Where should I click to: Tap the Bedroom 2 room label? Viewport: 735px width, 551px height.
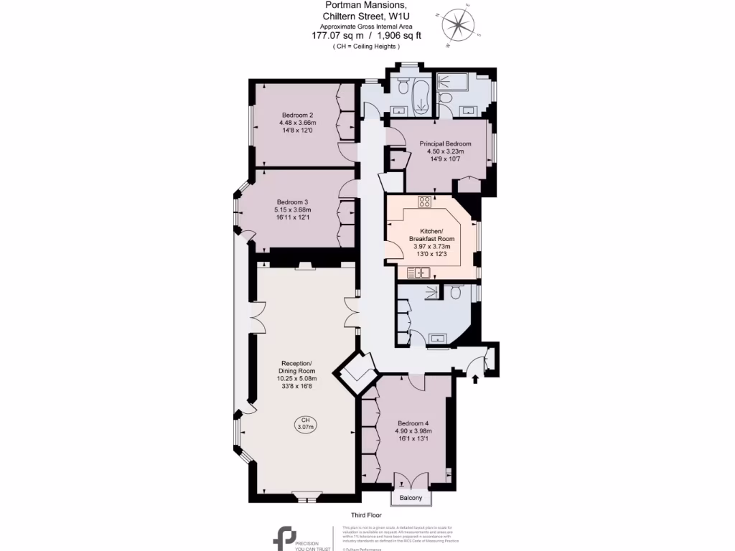click(x=297, y=123)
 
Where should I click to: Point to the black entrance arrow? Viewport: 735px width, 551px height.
click(x=476, y=377)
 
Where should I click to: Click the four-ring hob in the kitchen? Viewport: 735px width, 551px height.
click(x=424, y=202)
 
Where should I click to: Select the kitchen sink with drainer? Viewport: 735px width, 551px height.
click(x=418, y=272)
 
